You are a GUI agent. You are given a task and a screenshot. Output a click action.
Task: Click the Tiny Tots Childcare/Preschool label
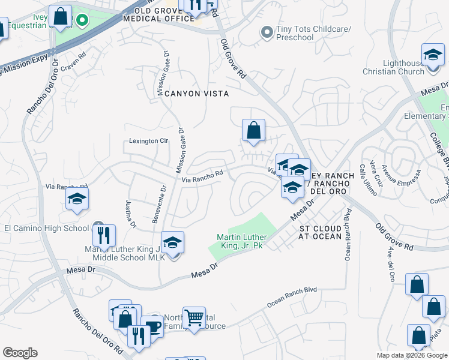click(295, 33)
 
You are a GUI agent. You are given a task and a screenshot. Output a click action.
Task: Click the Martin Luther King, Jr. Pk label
click(241, 241)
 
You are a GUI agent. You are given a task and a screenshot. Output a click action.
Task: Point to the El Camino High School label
click(46, 228)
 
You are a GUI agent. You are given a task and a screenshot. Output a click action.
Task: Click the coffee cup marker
click(154, 327)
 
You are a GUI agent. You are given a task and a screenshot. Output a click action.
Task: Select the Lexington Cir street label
click(149, 141)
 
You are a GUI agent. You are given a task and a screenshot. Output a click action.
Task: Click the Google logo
click(20, 353)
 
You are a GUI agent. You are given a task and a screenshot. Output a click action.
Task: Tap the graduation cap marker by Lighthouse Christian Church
click(432, 55)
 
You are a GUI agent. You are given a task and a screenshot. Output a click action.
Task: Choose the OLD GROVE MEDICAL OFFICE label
click(160, 15)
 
